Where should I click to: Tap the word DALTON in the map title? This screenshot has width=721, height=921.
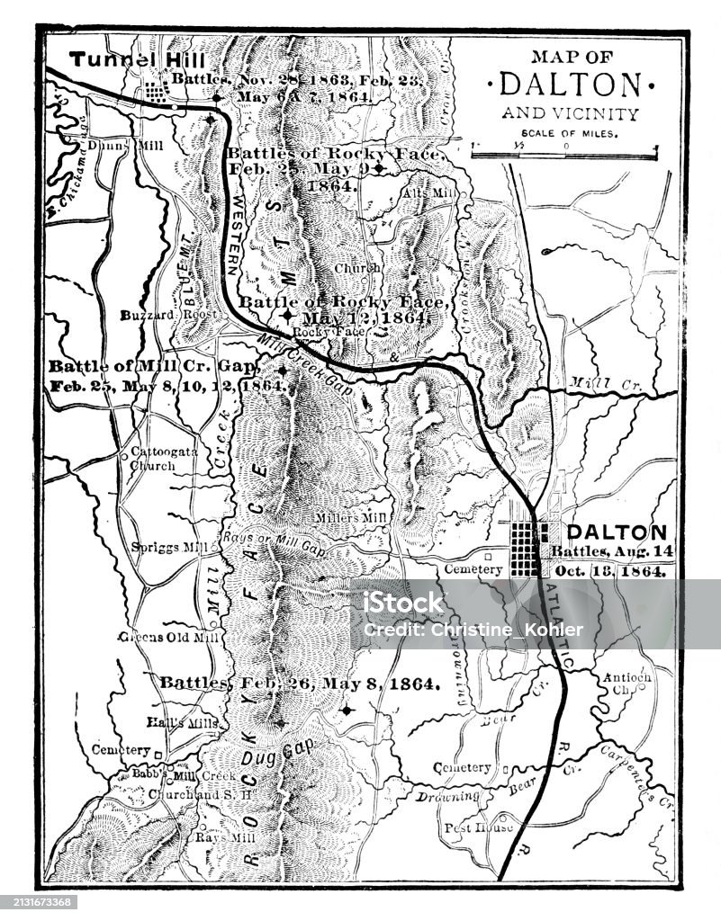[x=570, y=84]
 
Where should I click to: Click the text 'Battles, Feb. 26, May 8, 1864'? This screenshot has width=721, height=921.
[x=300, y=683]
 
